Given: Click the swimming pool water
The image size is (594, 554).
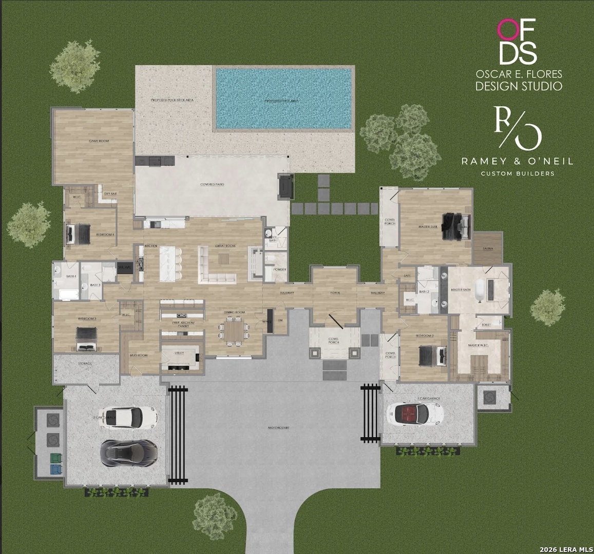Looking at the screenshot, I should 283,98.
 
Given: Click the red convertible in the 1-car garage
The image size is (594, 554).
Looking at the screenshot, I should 414,412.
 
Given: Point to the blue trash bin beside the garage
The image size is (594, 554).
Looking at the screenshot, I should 54,469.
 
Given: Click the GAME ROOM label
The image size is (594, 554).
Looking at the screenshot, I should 99,141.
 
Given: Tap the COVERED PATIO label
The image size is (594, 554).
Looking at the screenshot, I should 212,184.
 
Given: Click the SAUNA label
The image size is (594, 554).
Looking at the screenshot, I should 488,248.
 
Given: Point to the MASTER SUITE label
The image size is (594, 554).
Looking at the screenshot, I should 428,227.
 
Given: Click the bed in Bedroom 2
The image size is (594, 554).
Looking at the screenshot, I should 430,354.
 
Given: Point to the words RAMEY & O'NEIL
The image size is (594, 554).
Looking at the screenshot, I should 517,161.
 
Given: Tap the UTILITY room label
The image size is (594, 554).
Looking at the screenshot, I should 179,353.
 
